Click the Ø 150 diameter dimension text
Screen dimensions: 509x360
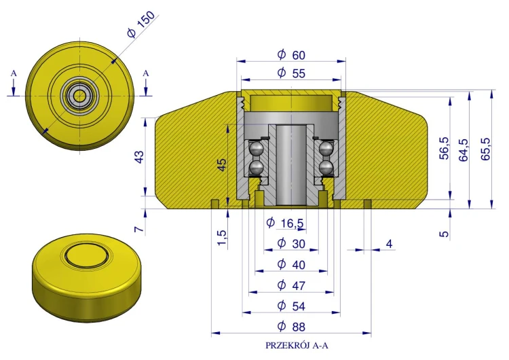141,24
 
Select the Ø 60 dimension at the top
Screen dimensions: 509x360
291,55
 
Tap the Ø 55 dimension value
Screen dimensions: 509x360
291,73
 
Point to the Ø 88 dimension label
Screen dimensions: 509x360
291,326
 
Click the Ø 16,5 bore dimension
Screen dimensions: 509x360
285,223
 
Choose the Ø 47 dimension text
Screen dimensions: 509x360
291,285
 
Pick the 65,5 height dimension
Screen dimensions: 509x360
486,149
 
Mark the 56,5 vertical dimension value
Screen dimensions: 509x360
444,148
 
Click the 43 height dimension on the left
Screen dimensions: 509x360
139,157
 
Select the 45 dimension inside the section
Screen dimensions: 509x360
222,164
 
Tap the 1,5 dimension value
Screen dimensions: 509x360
222,238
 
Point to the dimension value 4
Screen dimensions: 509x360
390,244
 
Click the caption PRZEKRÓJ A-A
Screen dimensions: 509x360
297,345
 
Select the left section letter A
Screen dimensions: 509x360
14,73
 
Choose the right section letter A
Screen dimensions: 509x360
146,73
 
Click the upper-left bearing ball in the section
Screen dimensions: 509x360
256,149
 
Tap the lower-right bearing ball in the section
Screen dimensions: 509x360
326,168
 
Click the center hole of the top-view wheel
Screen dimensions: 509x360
79,96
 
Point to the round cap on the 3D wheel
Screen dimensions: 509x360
86,254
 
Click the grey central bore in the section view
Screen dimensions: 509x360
291,166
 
